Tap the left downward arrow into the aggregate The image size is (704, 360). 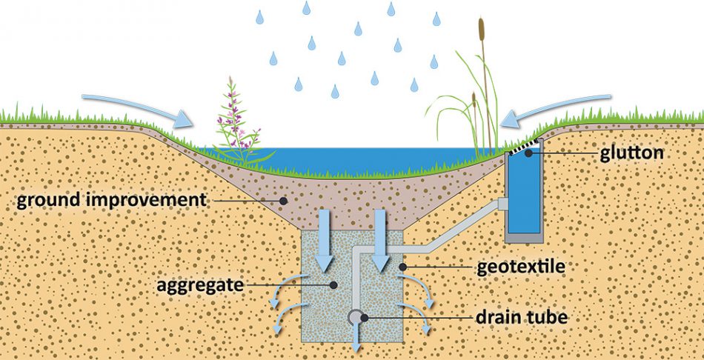(x=324, y=241)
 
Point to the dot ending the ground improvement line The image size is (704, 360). (x=282, y=200)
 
